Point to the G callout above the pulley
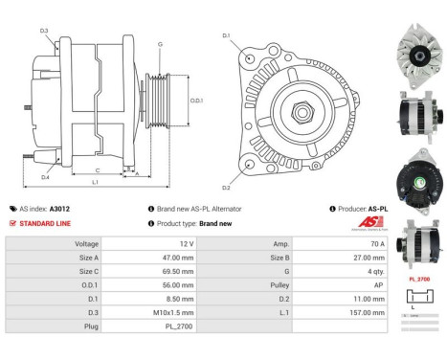[160, 44]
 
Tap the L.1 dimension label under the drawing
[96, 182]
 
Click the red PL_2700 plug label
[418, 279]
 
